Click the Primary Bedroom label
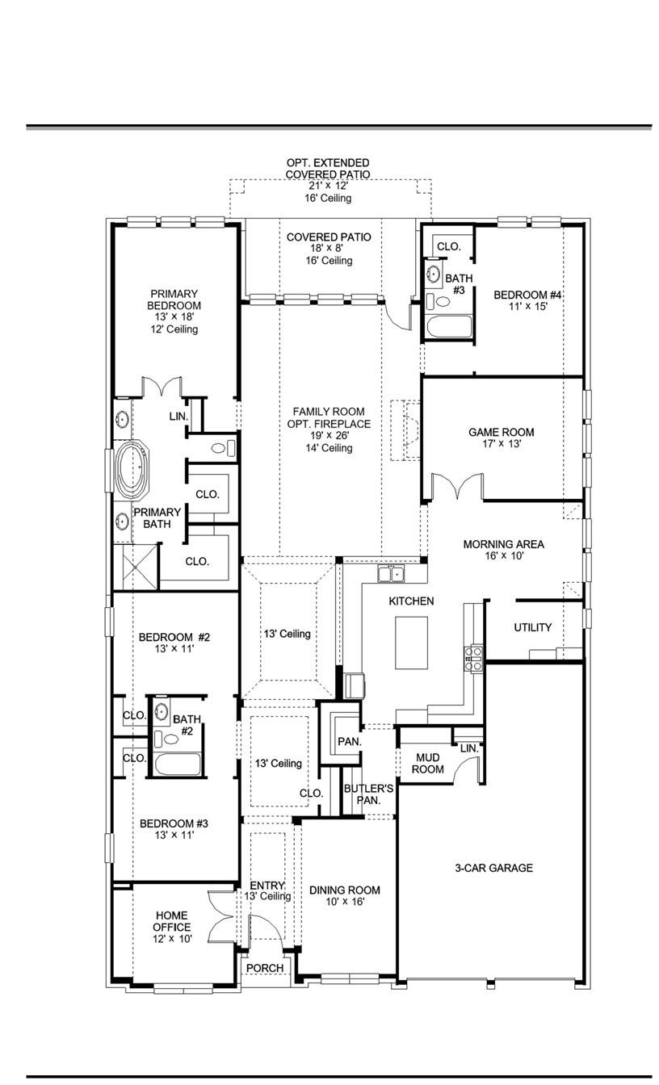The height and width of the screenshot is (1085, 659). click(x=174, y=300)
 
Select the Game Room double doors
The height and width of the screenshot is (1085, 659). click(x=456, y=487)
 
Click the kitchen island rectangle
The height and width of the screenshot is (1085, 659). click(x=411, y=642)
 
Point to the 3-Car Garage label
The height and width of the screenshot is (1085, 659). click(x=493, y=868)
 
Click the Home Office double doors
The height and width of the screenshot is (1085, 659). click(x=220, y=916)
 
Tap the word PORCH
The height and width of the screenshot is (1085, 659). click(x=265, y=968)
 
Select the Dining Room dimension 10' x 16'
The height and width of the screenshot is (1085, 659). click(x=345, y=902)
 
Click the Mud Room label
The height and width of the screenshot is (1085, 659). click(x=428, y=764)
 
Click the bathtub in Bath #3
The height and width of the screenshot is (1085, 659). click(x=448, y=328)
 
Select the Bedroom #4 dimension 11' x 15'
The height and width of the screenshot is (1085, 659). click(x=527, y=307)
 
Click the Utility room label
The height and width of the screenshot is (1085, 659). click(x=533, y=627)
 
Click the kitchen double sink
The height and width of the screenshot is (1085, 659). click(x=391, y=574)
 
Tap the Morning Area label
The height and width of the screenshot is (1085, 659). click(x=503, y=544)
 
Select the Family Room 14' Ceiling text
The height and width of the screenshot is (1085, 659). click(x=329, y=447)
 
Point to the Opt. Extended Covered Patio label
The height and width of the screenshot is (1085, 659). click(x=328, y=168)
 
